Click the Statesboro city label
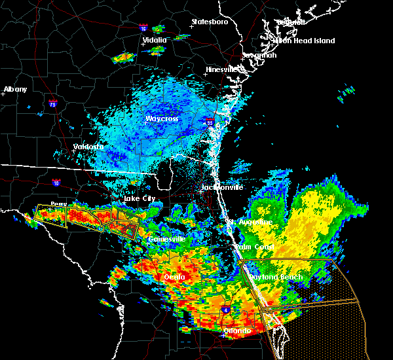pos(209,22)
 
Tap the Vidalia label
pos(155,40)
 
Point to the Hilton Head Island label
pos(303,41)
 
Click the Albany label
pos(16,89)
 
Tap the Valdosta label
pos(88,147)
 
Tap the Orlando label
pos(237,331)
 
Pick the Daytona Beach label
pos(282,277)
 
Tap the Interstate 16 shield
pos(144,29)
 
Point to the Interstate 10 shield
pos(57,183)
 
